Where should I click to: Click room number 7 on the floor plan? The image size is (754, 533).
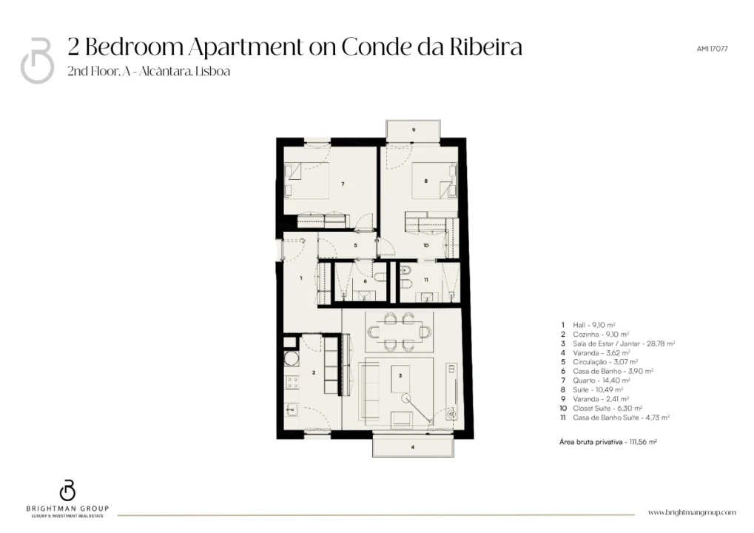point(343,184)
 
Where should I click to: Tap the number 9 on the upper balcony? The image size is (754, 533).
point(414,130)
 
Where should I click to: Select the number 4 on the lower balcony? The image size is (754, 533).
point(413,447)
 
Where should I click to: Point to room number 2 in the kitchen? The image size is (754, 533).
point(314,373)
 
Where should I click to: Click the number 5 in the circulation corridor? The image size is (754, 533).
point(355,246)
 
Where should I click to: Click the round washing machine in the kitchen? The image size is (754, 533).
point(291,358)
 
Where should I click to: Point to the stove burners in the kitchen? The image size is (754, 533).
point(292,383)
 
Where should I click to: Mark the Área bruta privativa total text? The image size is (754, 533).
point(608,442)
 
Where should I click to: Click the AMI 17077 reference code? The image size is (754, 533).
point(712,49)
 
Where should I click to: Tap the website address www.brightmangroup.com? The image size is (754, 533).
point(692,513)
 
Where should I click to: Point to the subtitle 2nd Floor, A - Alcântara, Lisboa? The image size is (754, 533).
point(149,71)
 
